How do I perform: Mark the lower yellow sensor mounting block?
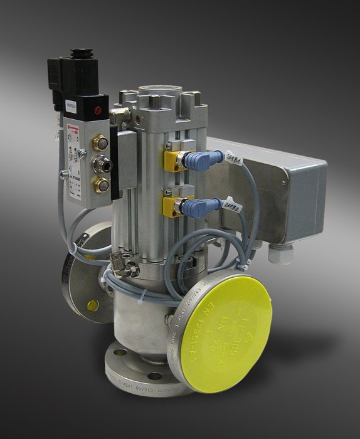172,204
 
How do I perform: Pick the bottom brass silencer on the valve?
100,184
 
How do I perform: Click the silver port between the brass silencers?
98,164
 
